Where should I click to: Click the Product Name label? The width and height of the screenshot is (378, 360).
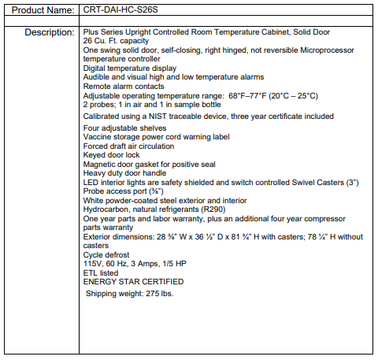(39, 9)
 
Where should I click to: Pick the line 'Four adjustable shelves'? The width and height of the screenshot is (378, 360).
(124, 128)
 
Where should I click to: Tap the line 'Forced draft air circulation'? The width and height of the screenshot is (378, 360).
(129, 145)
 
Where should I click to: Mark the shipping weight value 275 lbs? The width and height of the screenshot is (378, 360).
(157, 293)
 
